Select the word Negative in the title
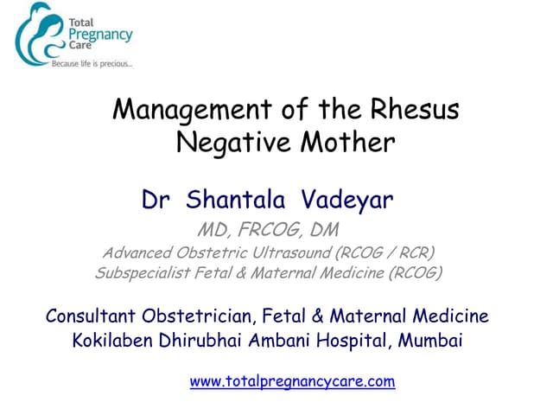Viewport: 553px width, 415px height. tap(227, 141)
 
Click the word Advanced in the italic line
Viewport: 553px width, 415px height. tap(137, 252)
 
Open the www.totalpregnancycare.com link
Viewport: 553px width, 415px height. tap(292, 380)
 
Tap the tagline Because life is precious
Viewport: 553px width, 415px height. tap(92, 64)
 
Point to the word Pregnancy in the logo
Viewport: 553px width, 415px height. tap(103, 35)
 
